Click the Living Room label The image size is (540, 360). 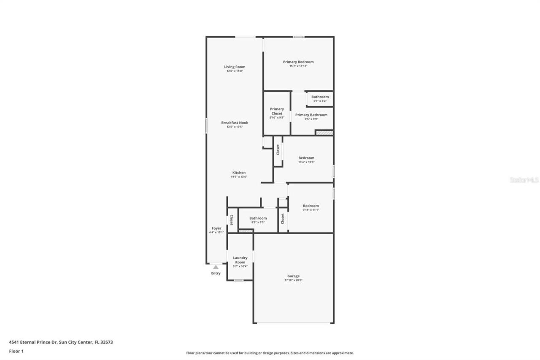click(x=235, y=67)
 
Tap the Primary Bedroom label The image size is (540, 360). click(x=298, y=62)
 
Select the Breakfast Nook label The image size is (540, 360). click(x=235, y=122)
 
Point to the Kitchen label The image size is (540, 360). click(x=239, y=173)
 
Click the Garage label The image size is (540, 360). click(x=293, y=276)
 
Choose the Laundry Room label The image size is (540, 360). click(x=240, y=260)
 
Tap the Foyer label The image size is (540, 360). click(x=216, y=228)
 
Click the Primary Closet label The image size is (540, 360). click(x=277, y=111)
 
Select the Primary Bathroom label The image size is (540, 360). click(x=311, y=115)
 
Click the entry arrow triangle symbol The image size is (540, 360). click(x=216, y=267)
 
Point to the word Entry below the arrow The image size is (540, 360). click(x=216, y=273)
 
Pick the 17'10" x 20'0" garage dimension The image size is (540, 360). click(x=293, y=280)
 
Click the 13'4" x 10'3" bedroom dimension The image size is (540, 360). click(x=306, y=162)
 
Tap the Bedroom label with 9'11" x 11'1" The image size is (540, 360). click(x=310, y=206)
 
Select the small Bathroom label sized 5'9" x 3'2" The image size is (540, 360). click(x=320, y=97)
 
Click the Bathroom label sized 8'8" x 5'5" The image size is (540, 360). click(x=258, y=218)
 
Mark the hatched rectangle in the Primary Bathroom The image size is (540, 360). click(x=324, y=133)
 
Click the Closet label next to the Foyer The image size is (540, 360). click(x=231, y=220)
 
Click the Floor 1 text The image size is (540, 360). click(x=16, y=351)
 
